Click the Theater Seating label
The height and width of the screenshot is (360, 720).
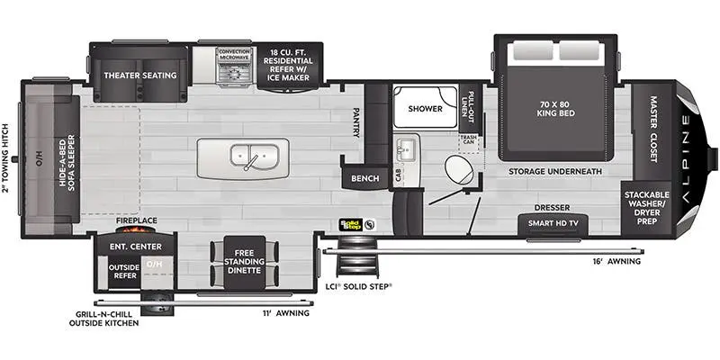(140, 76)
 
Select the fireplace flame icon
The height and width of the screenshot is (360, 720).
(137, 229)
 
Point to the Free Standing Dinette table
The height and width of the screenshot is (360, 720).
(244, 263)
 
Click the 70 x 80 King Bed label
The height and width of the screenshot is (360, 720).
(555, 109)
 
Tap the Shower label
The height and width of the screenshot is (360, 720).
(425, 109)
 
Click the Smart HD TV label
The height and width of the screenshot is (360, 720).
(553, 223)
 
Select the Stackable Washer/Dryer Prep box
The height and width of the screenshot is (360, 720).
(646, 208)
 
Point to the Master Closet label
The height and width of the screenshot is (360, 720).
(653, 129)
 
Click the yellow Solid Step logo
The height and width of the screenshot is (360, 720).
(351, 224)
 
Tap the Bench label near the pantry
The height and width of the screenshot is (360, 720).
(365, 178)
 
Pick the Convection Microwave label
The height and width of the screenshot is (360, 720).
(234, 54)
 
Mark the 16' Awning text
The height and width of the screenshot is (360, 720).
(616, 262)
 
